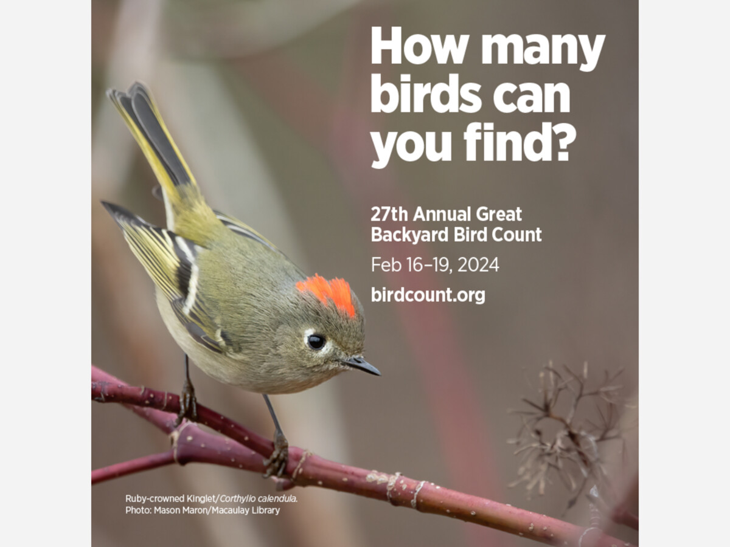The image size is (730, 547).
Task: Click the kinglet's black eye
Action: pyautogui.click(x=316, y=342)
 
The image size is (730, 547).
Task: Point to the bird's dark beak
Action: pyautogui.click(x=362, y=366)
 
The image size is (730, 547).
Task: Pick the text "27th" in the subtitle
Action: pyautogui.click(x=389, y=214)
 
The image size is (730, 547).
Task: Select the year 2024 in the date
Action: pyautogui.click(x=478, y=265)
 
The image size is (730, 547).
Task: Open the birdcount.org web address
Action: pyautogui.click(x=428, y=295)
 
